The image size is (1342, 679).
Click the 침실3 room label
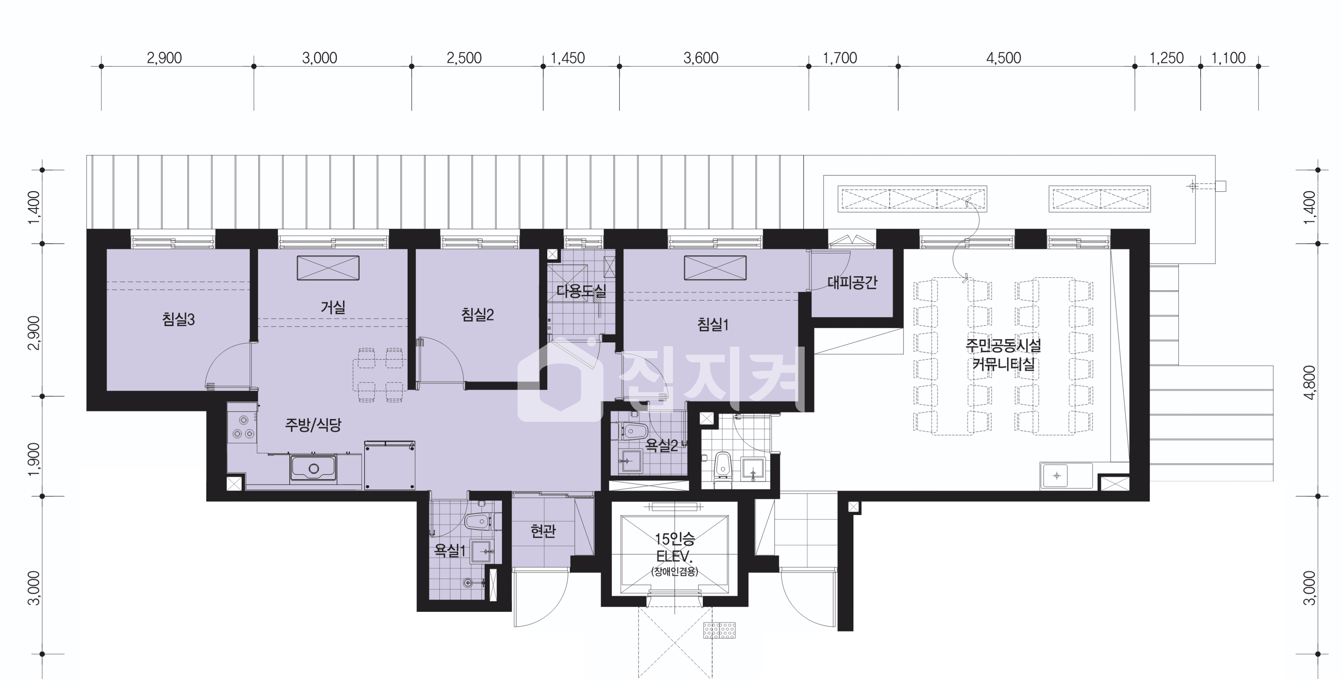(178, 319)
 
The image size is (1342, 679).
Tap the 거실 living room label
(333, 307)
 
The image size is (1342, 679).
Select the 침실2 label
(477, 314)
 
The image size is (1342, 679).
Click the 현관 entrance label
(543, 531)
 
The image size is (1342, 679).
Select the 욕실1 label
(450, 550)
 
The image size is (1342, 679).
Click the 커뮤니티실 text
(1003, 364)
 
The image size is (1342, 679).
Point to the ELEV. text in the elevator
(674, 557)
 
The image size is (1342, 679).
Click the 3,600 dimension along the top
(701, 58)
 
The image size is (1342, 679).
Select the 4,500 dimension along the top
(1003, 58)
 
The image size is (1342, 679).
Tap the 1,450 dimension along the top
(568, 58)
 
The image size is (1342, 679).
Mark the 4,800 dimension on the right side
(1309, 382)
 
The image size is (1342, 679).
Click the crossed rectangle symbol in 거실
(328, 268)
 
